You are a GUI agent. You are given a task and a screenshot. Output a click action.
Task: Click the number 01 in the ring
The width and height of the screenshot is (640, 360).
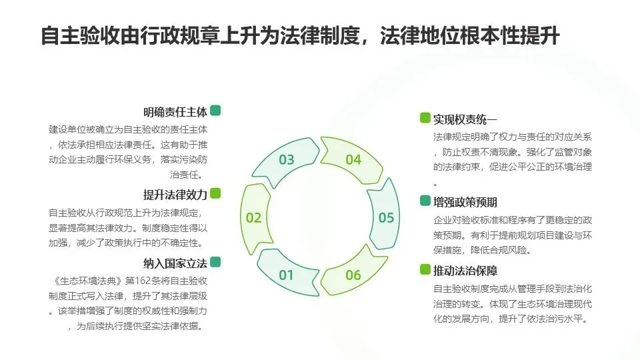click(286, 275)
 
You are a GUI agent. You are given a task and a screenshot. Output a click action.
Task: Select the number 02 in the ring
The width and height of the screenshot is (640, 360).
click(253, 217)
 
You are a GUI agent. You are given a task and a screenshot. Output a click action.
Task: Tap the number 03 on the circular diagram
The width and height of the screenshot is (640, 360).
click(286, 160)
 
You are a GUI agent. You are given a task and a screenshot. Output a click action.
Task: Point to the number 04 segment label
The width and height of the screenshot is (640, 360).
click(353, 160)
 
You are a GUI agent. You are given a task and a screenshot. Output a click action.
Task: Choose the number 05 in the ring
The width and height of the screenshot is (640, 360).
click(386, 217)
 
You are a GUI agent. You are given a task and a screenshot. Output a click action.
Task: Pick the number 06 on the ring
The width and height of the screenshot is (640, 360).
click(353, 275)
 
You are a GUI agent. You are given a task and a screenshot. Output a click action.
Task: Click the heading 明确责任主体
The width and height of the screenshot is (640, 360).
click(175, 112)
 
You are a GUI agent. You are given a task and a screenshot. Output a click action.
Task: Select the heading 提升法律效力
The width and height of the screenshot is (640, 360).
click(175, 195)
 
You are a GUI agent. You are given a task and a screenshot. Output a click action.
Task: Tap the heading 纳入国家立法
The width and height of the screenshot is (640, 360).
click(175, 262)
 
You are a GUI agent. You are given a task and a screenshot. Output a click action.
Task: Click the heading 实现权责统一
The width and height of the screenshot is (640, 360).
click(465, 119)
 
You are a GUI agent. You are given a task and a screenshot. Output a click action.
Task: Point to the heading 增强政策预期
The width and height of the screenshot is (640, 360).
click(465, 202)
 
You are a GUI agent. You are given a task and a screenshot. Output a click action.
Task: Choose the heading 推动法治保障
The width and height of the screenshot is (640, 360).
click(465, 271)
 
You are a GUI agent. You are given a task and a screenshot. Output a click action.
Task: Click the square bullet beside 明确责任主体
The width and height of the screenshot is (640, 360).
click(215, 111)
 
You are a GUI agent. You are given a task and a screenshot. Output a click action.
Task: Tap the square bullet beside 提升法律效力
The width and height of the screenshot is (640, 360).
click(215, 193)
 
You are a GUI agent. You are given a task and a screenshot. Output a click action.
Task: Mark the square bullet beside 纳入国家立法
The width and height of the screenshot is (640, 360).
click(215, 261)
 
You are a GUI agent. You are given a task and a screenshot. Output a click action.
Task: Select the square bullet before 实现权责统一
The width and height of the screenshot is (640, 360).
click(425, 118)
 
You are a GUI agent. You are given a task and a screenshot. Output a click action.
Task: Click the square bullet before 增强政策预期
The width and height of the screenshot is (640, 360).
click(425, 201)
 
